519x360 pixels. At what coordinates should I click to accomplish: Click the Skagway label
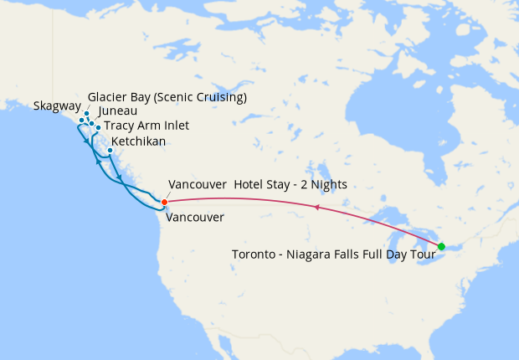pyautogui.click(x=57, y=107)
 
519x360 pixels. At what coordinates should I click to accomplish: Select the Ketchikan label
pyautogui.click(x=138, y=141)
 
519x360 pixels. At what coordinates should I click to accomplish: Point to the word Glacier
pyautogui.click(x=105, y=97)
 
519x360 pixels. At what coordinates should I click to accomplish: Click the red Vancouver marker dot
pyautogui.click(x=164, y=202)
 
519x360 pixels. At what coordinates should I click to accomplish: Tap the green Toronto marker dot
pyautogui.click(x=441, y=246)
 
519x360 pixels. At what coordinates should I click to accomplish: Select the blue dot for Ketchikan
pyautogui.click(x=110, y=151)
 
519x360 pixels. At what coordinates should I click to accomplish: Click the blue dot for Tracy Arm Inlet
pyautogui.click(x=98, y=127)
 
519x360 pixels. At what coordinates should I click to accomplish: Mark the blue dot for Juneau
pyautogui.click(x=92, y=123)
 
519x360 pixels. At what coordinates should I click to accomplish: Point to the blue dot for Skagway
pyautogui.click(x=81, y=120)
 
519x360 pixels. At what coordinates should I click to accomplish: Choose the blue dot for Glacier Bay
pyautogui.click(x=86, y=112)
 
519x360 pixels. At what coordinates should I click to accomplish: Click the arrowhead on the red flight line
pyautogui.click(x=316, y=206)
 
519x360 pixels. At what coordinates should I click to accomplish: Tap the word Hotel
pyautogui.click(x=249, y=184)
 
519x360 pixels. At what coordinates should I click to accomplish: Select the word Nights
pyautogui.click(x=329, y=184)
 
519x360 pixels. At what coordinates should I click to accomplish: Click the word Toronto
pyautogui.click(x=258, y=254)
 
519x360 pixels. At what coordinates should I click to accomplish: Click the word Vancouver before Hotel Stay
pyautogui.click(x=197, y=184)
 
